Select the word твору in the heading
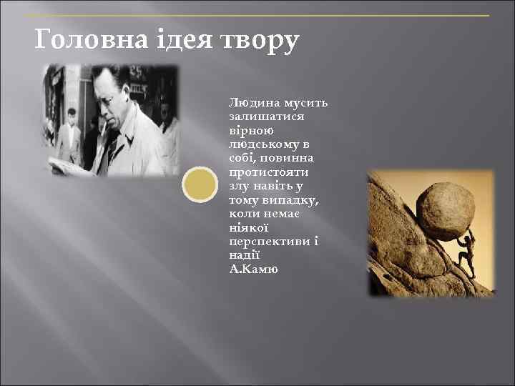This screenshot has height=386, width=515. pos(258,42)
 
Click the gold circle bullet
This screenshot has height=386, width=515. pos(200,184)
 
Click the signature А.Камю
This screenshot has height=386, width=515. pos(254,269)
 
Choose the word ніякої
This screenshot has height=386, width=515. pos(248,228)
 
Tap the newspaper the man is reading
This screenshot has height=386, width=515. pos(72,164)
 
